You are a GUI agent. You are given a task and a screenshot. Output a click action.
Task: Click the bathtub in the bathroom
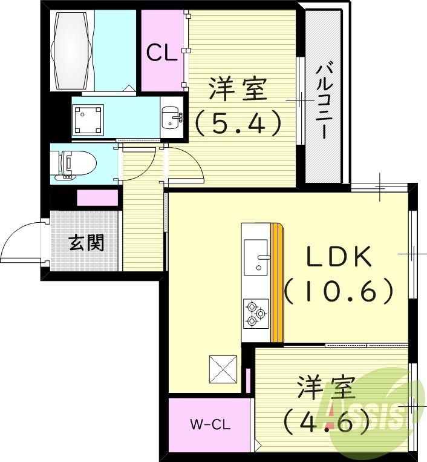coord(74,50)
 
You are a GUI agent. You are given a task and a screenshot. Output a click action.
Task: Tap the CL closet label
coord(161,53)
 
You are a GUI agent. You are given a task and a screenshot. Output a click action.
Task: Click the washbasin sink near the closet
coord(172,116)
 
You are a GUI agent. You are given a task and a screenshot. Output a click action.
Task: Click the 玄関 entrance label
coord(86,243)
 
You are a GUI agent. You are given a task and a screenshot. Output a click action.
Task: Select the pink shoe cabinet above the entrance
coord(97,197)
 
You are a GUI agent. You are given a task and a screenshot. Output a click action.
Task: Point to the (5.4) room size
coord(239,123)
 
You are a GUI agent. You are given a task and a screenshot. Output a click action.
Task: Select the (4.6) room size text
coord(327,419)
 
